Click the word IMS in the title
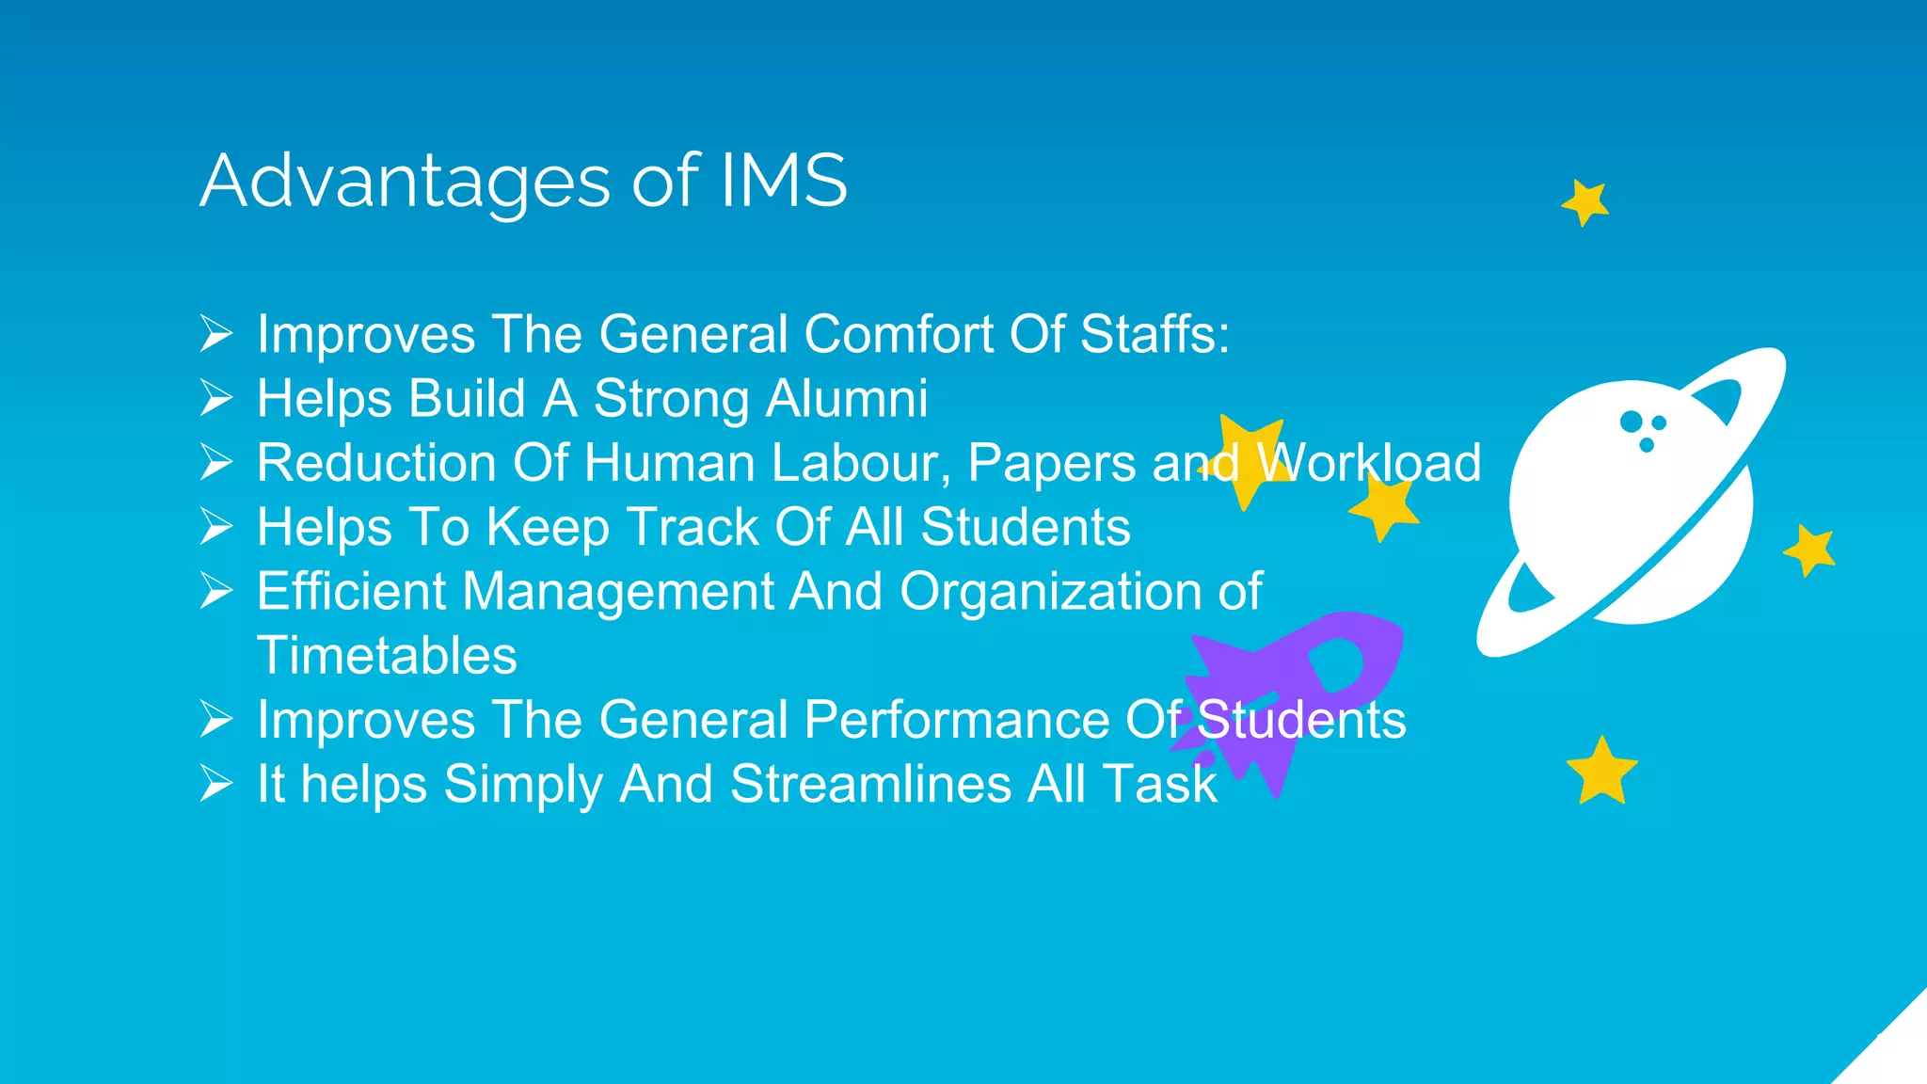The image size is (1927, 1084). coord(783,181)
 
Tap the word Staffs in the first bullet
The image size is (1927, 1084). coord(1154,334)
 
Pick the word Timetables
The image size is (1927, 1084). coord(387,656)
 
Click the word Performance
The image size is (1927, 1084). coord(956,720)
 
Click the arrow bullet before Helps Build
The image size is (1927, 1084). coord(216,398)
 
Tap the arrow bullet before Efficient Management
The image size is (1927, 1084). coord(216,591)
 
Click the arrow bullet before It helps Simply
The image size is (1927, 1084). coord(216,784)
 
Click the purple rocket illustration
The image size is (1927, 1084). coord(1298,687)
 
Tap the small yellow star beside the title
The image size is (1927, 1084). coord(1586,202)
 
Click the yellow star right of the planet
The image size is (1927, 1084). coord(1810,550)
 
